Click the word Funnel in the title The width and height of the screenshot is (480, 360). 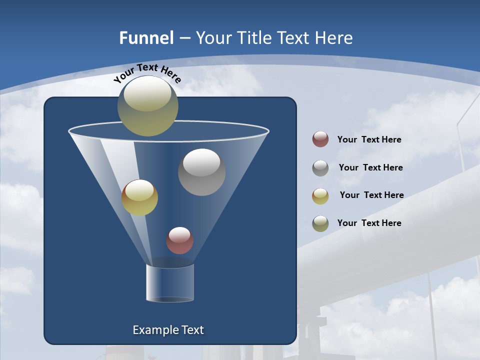tap(146, 38)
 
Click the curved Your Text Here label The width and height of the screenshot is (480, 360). tap(147, 72)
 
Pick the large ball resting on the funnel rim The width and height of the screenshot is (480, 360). tap(148, 106)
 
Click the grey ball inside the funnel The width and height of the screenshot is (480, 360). tap(201, 172)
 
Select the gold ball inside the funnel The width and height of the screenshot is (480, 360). tap(139, 197)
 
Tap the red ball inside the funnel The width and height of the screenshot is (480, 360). tap(179, 240)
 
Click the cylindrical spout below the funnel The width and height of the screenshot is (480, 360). tap(170, 283)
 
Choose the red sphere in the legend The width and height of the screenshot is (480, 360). tap(320, 139)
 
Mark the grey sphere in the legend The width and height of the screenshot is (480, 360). tap(320, 168)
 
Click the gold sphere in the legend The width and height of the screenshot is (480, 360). tap(320, 196)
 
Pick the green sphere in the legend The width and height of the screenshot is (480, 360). tap(320, 223)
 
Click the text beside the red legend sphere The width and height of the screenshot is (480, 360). tap(369, 139)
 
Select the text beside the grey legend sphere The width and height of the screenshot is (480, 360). tap(370, 167)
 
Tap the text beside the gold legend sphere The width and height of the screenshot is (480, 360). tap(371, 195)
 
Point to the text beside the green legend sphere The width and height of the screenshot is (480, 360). tap(369, 223)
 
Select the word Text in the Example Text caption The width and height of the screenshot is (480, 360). tap(192, 330)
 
